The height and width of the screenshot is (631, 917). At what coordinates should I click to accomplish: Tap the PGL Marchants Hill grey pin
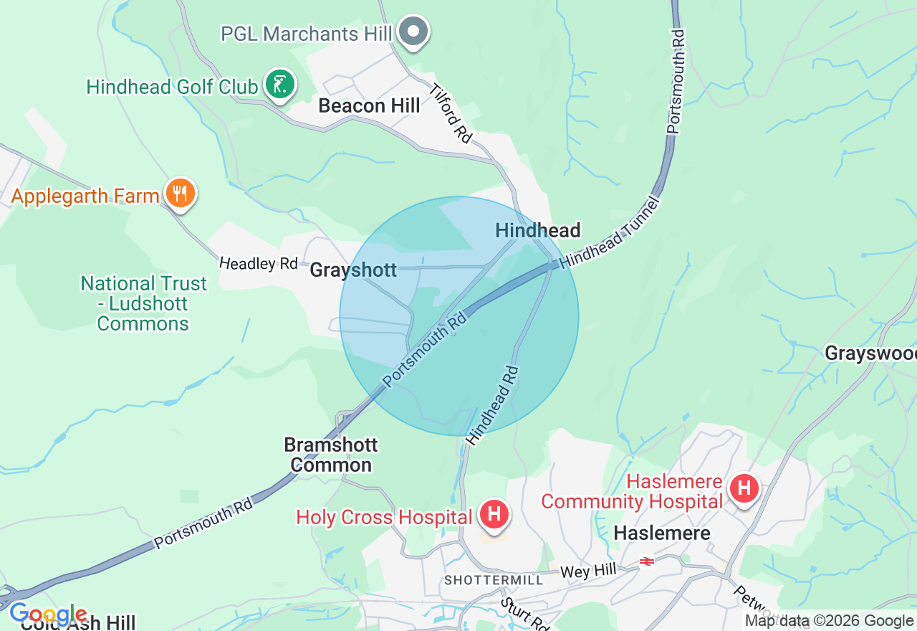pyautogui.click(x=413, y=32)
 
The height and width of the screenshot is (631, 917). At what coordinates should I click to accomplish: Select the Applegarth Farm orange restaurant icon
pyautogui.click(x=181, y=194)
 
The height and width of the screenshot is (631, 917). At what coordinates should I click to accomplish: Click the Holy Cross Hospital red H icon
pyautogui.click(x=494, y=515)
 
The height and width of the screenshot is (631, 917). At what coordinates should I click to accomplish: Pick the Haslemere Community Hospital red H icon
pyautogui.click(x=744, y=490)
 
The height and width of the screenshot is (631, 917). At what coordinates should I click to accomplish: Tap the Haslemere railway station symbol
pyautogui.click(x=647, y=561)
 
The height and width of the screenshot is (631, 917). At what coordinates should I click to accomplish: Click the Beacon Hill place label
pyautogui.click(x=369, y=106)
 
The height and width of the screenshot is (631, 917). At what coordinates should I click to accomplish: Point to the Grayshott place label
pyautogui.click(x=353, y=270)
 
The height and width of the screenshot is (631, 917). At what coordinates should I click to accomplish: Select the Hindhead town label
pyautogui.click(x=537, y=230)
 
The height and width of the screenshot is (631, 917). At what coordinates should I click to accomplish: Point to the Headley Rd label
pyautogui.click(x=258, y=263)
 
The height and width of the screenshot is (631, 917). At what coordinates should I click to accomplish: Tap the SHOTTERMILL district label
pyautogui.click(x=494, y=579)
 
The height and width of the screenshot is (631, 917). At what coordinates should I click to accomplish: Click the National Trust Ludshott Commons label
pyautogui.click(x=143, y=303)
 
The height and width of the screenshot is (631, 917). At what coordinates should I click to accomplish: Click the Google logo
pyautogui.click(x=47, y=615)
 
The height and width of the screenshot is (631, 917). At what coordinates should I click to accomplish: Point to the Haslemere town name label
pyautogui.click(x=662, y=533)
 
